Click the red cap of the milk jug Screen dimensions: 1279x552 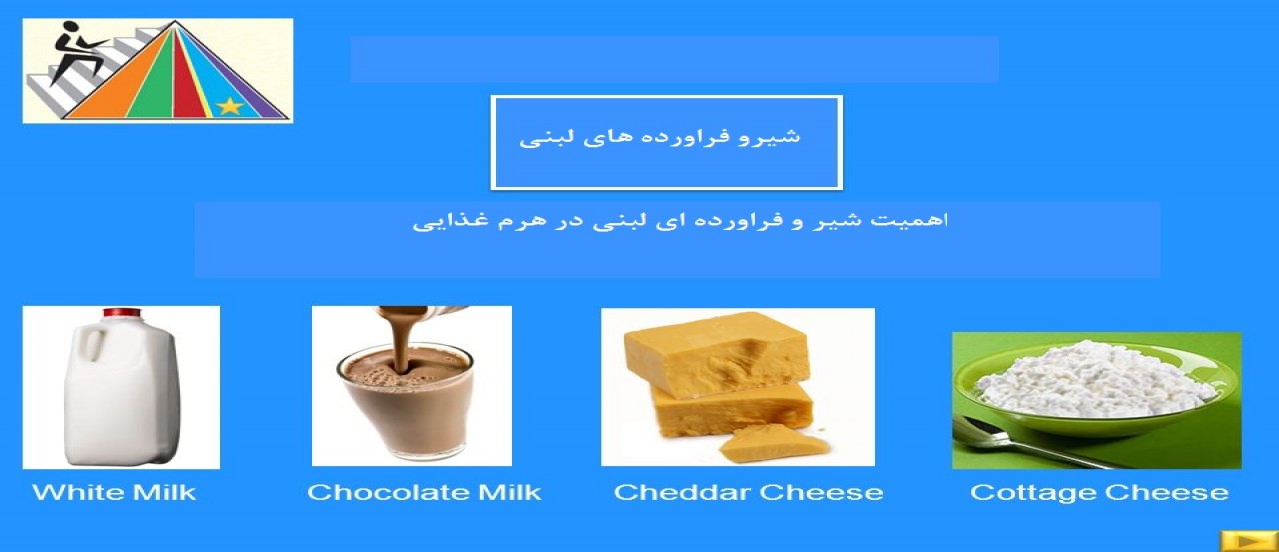click(121, 313)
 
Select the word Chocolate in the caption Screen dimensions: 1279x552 click(388, 492)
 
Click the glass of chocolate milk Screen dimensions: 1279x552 click(407, 400)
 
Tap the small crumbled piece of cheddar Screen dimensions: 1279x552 click(773, 443)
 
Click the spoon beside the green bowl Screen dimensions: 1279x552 click(1022, 442)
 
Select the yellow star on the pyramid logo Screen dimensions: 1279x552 click(230, 106)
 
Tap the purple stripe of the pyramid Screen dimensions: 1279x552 click(251, 91)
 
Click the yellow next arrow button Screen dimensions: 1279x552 click(1249, 541)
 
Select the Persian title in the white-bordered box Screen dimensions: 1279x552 click(659, 138)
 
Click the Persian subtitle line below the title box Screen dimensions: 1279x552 click(680, 221)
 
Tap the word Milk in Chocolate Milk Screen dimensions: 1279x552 click(509, 492)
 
